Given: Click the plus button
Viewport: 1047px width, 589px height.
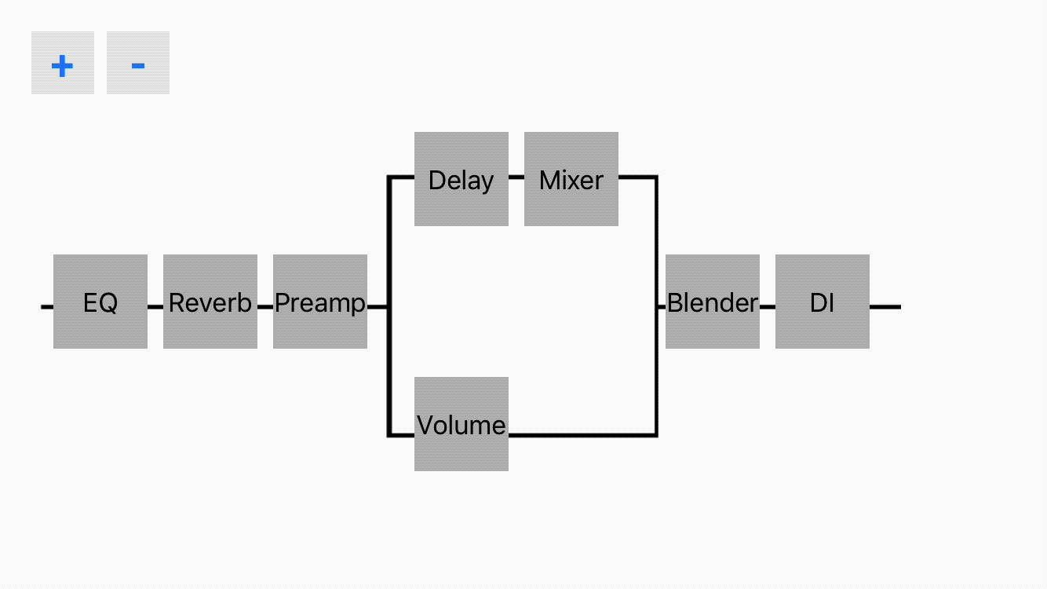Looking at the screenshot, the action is click(63, 63).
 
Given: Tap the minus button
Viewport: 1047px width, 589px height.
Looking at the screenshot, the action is click(138, 63).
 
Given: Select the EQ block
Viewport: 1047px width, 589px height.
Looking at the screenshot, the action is click(100, 302).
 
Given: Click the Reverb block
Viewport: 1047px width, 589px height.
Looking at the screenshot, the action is click(210, 302).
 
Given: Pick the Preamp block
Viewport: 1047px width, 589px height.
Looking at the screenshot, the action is click(320, 302).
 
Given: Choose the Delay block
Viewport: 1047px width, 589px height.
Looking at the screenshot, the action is click(461, 179).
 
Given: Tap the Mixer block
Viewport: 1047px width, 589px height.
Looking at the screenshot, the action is click(571, 179).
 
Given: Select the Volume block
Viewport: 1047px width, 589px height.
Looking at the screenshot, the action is click(461, 424).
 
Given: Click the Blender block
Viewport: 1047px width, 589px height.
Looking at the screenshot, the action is click(713, 302).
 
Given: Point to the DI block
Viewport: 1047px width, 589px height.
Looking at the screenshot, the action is click(823, 302).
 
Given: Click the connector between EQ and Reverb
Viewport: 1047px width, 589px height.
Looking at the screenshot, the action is click(155, 307).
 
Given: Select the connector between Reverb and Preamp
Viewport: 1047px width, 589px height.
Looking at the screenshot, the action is click(265, 307).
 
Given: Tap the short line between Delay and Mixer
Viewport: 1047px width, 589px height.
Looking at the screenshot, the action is click(516, 177).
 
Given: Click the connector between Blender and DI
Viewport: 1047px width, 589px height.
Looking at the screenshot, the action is click(767, 307).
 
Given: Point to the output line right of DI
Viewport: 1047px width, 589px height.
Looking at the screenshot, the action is click(885, 307).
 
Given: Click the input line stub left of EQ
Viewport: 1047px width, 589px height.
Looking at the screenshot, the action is click(47, 307).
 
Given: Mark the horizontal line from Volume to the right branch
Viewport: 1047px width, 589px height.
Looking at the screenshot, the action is click(583, 435).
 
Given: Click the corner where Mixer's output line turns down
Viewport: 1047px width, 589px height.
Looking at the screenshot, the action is click(656, 177).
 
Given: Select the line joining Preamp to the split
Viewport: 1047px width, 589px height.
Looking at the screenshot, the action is click(378, 307).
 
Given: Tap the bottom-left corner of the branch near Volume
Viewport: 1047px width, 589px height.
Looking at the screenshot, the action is click(389, 435).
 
